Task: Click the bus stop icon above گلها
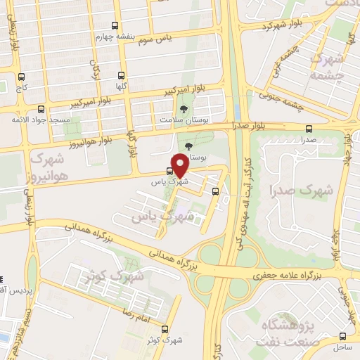click(122, 75)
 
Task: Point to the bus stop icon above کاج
click(21, 77)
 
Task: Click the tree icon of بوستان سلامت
click(184, 110)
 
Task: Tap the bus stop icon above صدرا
click(309, 129)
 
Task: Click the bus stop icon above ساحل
click(343, 336)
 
